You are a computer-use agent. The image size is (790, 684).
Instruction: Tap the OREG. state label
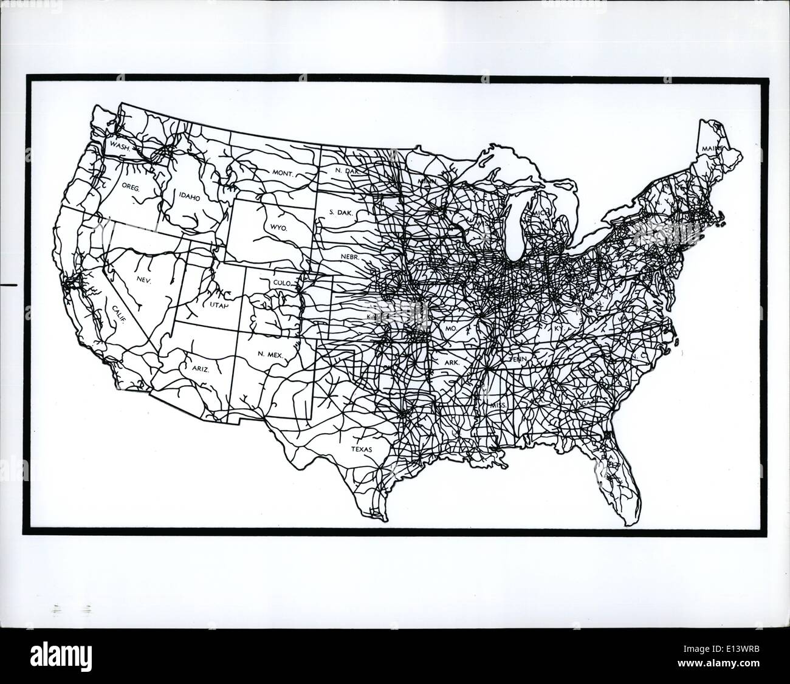coord(131,188)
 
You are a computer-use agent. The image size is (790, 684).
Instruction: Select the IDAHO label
coord(189,196)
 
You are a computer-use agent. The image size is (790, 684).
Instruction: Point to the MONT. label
coord(283,173)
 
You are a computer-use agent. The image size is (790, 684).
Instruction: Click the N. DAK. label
coord(348,171)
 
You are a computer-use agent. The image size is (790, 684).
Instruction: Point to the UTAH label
coord(219,305)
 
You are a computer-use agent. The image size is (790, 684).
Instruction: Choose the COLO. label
coord(282,283)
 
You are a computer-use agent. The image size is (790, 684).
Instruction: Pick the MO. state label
coord(450,328)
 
